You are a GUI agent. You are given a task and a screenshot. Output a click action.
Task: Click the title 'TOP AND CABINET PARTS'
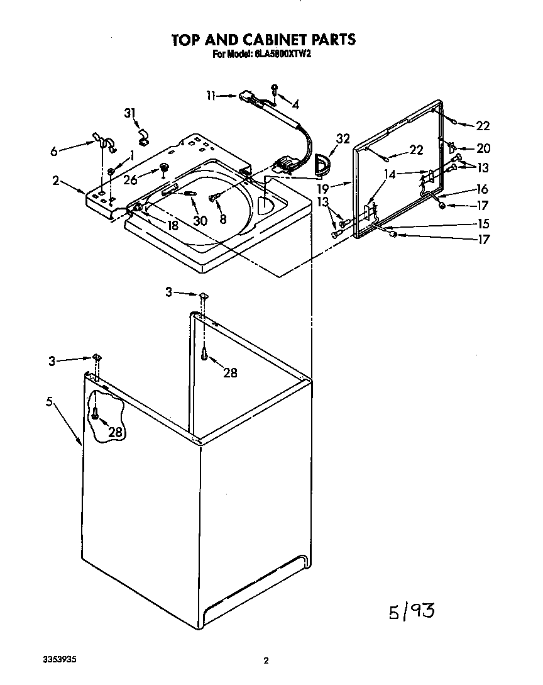[x=264, y=40]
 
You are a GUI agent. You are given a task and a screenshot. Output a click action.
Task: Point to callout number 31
[x=130, y=113]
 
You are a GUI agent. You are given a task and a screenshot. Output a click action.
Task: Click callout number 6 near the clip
[x=53, y=151]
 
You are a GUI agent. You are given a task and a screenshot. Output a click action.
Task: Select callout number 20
[x=483, y=148]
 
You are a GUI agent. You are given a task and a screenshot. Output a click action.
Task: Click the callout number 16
[x=482, y=189]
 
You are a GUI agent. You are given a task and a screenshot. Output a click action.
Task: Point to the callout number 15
[x=482, y=223]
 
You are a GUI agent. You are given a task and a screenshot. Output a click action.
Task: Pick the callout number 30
[x=200, y=221]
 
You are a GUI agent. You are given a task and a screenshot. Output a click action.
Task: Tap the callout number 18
[x=172, y=225]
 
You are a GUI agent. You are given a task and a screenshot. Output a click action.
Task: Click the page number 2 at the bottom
[x=266, y=660]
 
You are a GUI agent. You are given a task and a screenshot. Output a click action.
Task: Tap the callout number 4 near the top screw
[x=295, y=104]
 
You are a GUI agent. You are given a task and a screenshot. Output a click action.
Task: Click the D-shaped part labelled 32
[x=321, y=163]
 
